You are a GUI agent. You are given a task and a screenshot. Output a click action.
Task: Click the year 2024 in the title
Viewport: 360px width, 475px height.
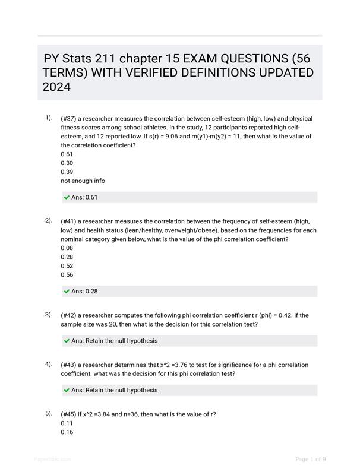(56, 87)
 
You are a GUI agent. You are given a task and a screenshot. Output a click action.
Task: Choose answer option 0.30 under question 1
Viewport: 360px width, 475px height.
(67, 163)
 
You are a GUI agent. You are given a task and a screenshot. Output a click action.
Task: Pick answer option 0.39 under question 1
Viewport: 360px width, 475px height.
(67, 172)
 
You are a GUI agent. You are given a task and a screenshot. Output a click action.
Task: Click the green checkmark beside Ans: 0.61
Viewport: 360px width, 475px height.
(67, 197)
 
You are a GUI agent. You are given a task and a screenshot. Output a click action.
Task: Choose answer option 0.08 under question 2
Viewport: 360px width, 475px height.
(67, 248)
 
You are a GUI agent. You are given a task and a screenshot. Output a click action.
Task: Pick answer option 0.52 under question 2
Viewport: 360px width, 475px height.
(67, 266)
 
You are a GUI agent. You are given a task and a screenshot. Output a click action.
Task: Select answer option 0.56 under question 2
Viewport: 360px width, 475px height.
(67, 275)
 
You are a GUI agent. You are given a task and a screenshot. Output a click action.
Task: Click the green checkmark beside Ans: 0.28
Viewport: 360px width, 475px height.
(67, 292)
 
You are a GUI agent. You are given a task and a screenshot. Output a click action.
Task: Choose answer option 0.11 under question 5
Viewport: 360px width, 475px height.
(67, 423)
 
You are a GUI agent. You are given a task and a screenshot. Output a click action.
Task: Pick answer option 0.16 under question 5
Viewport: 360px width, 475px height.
(67, 432)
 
